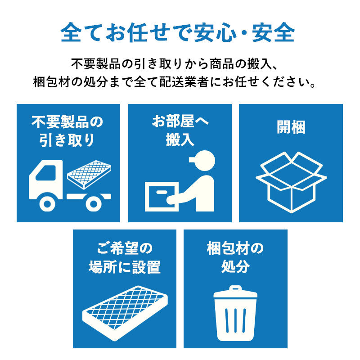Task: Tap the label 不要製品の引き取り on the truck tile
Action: (x=67, y=130)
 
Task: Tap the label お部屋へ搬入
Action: (x=180, y=130)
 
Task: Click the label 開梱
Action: (x=291, y=127)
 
